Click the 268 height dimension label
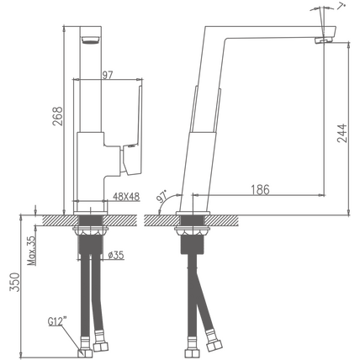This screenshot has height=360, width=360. point(58,116)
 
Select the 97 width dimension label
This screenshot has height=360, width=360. point(107,75)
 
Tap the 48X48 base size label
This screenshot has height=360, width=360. point(126,197)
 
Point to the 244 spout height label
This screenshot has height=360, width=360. point(342,133)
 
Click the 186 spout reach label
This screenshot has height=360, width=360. point(260,190)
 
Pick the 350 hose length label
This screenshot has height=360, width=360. point(15,282)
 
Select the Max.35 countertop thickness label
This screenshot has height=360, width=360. point(32,251)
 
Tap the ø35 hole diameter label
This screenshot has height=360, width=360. point(116,255)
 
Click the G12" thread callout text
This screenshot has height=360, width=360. point(58,321)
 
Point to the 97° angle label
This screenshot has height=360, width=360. point(161,196)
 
